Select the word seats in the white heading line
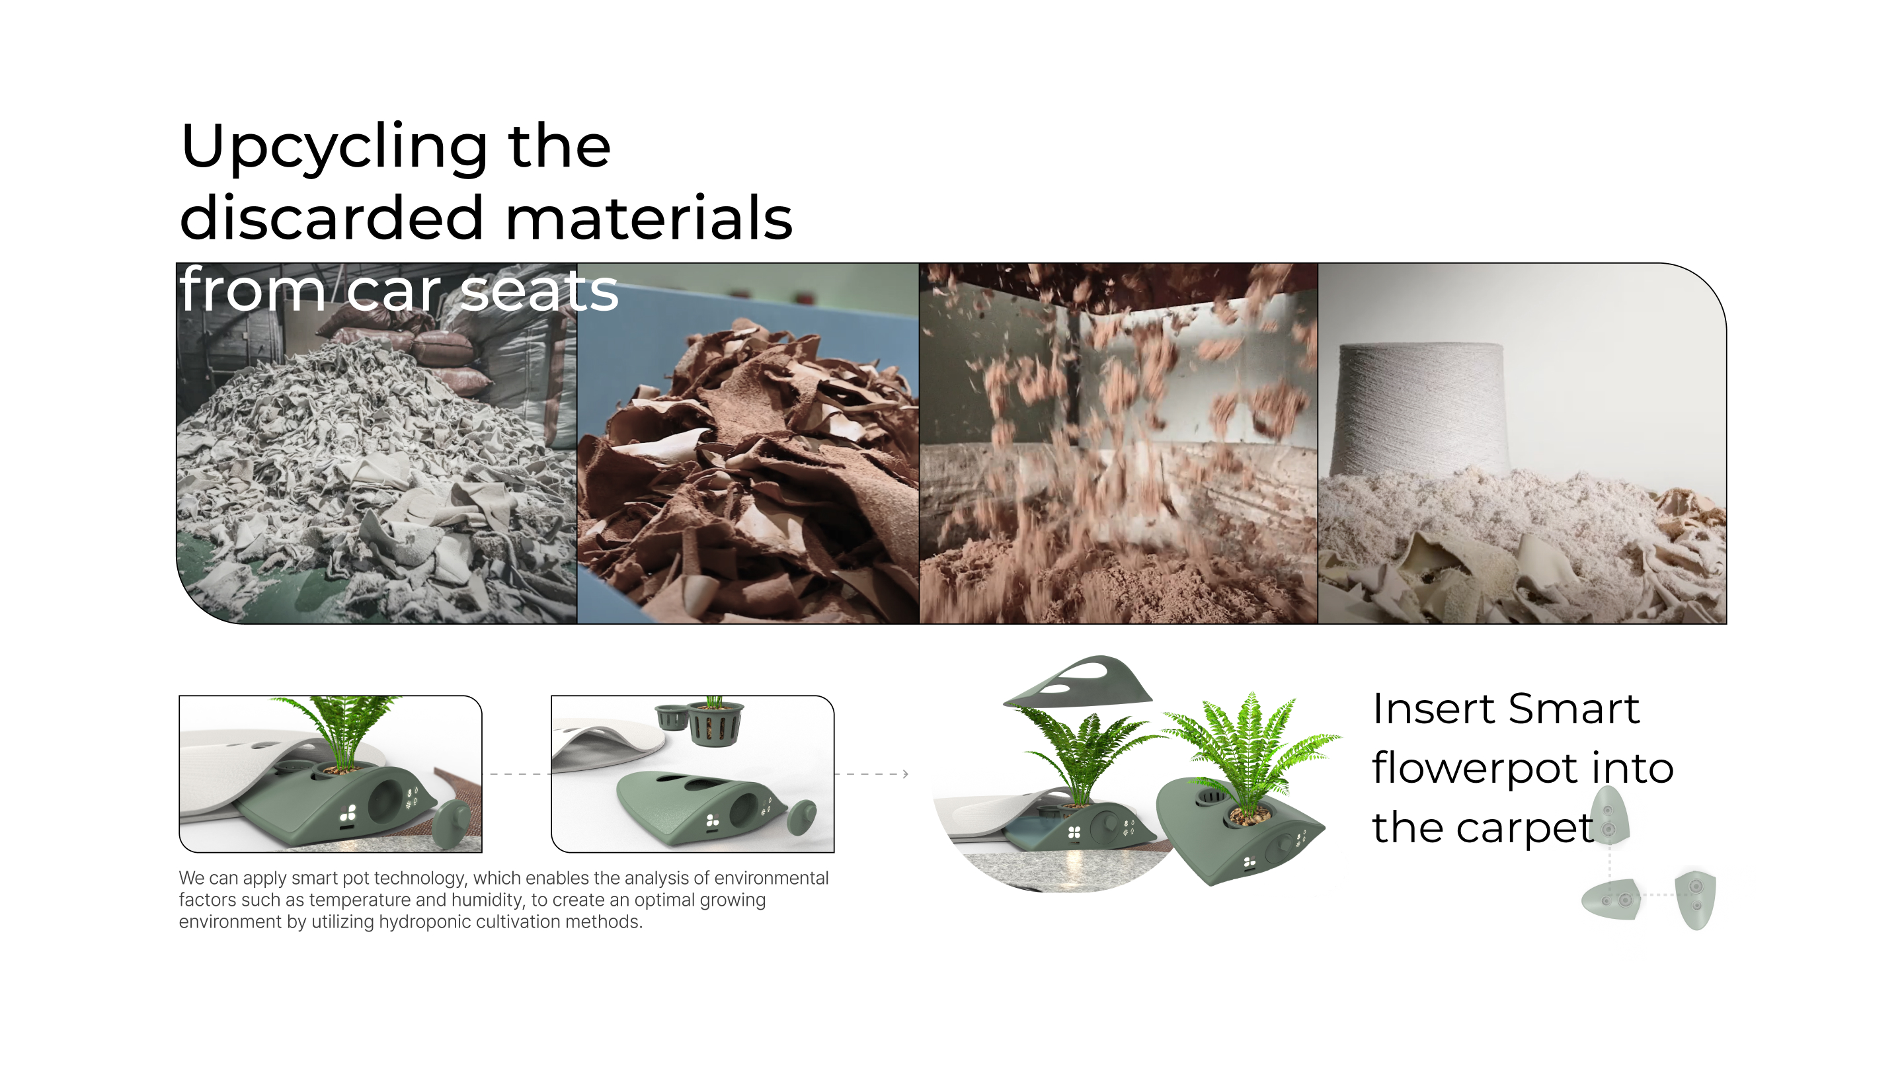[x=538, y=290]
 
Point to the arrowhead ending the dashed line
[x=906, y=774]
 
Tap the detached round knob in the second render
[x=801, y=816]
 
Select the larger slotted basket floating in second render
[x=715, y=723]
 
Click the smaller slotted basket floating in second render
[x=671, y=716]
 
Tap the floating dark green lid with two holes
[x=1079, y=680]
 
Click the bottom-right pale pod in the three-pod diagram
[x=1695, y=900]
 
